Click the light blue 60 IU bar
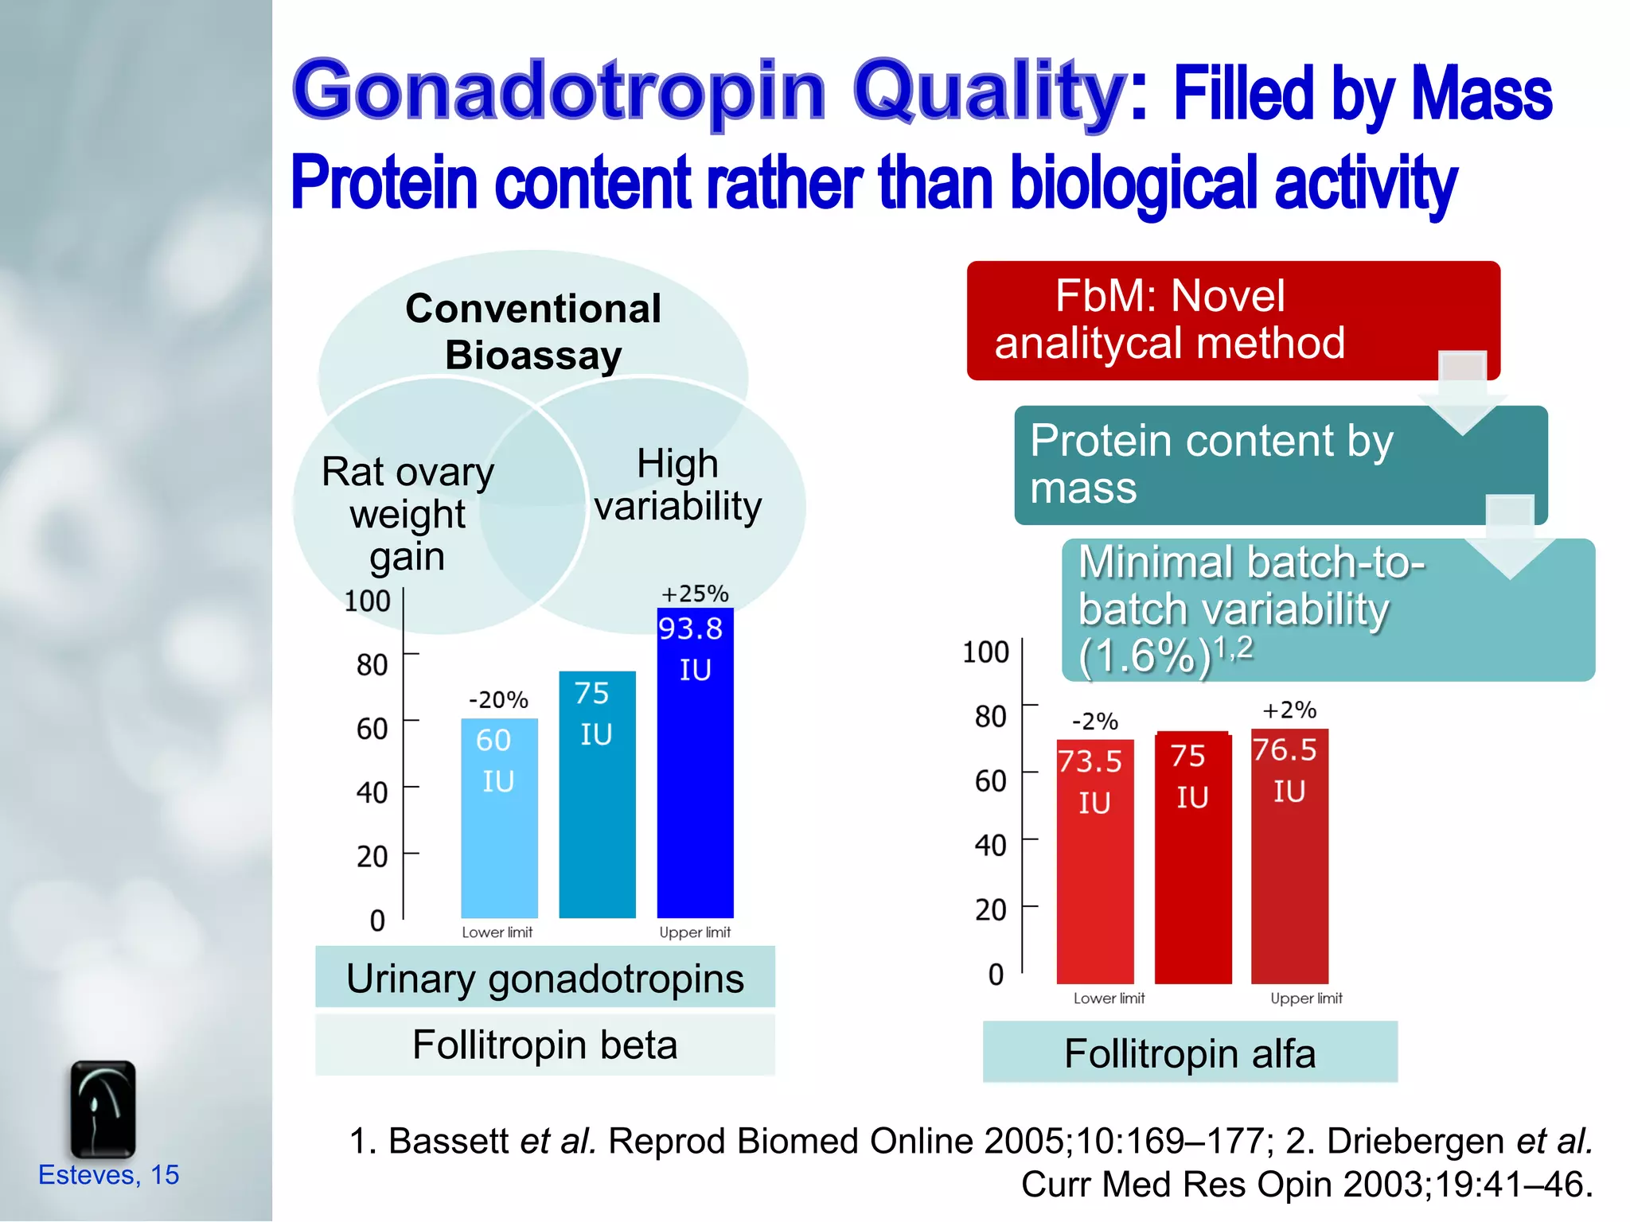pyautogui.click(x=499, y=819)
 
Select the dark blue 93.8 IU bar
pyautogui.click(x=695, y=764)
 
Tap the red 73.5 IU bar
pyautogui.click(x=1094, y=863)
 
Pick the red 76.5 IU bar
pyautogui.click(x=1289, y=858)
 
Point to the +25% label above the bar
pyautogui.click(x=695, y=593)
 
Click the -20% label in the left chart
pyautogui.click(x=498, y=700)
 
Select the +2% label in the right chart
pyautogui.click(x=1289, y=710)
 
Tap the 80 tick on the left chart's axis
pyautogui.click(x=372, y=664)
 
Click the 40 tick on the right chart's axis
pyautogui.click(x=990, y=845)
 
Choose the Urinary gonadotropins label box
pyautogui.click(x=545, y=978)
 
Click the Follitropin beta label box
pyautogui.click(x=545, y=1045)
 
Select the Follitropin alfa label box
pyautogui.click(x=1190, y=1053)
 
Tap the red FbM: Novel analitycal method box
pyautogui.click(x=1194, y=320)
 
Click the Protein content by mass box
pyautogui.click(x=1242, y=465)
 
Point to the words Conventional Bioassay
pyautogui.click(x=533, y=331)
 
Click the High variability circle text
pyautogui.click(x=678, y=485)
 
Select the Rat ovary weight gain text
pyautogui.click(x=407, y=514)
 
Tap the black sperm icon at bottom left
pyautogui.click(x=103, y=1109)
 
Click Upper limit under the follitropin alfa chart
pyautogui.click(x=1306, y=998)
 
